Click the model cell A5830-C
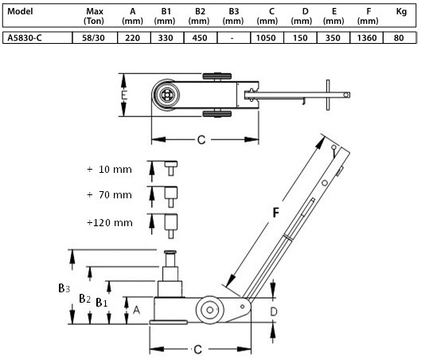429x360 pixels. click(x=25, y=37)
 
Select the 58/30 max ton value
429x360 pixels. click(x=93, y=37)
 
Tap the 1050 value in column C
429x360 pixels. click(x=266, y=37)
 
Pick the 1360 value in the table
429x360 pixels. click(x=367, y=37)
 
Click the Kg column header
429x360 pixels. click(x=401, y=11)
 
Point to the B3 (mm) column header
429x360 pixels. click(x=233, y=16)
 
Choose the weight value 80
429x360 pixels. click(x=399, y=37)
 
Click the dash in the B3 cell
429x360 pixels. click(x=232, y=38)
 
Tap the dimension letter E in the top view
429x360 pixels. click(x=124, y=96)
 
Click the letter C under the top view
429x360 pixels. click(x=201, y=140)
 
